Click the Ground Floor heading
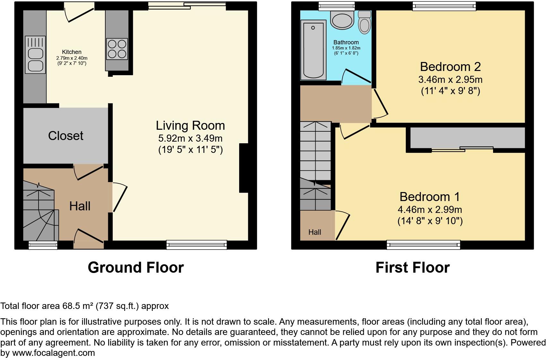point(135,268)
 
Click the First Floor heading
point(412,268)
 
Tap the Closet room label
point(65,136)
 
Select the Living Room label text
point(190,125)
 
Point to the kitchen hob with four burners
point(117,49)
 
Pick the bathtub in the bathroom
point(313,50)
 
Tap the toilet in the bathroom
point(364,22)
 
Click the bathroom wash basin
point(343,20)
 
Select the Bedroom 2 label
point(450,67)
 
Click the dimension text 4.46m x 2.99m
point(430,210)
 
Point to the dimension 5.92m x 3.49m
point(190,138)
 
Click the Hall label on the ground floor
point(80,206)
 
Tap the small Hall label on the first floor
point(315,232)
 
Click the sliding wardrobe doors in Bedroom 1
point(462,149)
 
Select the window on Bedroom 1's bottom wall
point(423,245)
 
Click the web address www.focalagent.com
point(54,353)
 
